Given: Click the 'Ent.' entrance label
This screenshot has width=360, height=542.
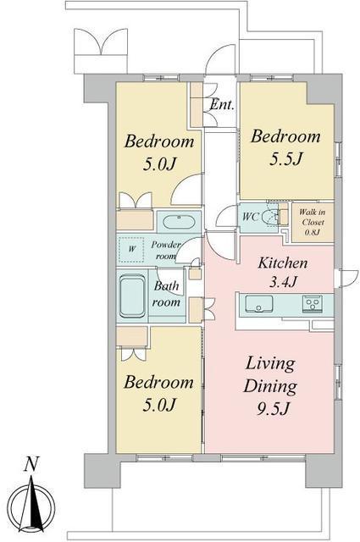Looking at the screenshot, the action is [222, 104].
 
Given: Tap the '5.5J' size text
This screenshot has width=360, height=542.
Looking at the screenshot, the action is [286, 158].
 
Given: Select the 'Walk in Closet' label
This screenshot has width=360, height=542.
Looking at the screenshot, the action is [313, 217].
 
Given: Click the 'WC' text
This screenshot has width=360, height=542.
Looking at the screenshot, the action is [251, 217].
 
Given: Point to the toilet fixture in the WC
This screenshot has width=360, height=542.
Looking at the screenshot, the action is [270, 218].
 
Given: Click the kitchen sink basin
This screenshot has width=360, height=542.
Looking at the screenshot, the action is [259, 304].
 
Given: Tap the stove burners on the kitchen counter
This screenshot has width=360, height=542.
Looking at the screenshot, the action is [313, 304].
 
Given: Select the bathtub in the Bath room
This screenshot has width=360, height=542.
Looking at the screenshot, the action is [132, 296].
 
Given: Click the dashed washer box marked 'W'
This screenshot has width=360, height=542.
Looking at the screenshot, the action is [132, 249].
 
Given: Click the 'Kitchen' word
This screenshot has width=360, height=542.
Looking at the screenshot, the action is [283, 263].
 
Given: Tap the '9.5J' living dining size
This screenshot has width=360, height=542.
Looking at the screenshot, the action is [274, 409].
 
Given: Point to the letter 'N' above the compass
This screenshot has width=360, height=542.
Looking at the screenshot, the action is [31, 464].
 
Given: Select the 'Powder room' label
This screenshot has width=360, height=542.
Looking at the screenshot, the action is [166, 251].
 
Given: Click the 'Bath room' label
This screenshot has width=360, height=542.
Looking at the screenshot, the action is [166, 294].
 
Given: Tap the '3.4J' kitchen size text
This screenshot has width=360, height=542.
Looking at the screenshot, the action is [283, 282].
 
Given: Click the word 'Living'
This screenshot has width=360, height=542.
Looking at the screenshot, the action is [270, 365].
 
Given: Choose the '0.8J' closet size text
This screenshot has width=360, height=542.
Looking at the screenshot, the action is [312, 232].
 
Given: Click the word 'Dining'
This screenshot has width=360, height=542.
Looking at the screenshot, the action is [270, 386].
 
